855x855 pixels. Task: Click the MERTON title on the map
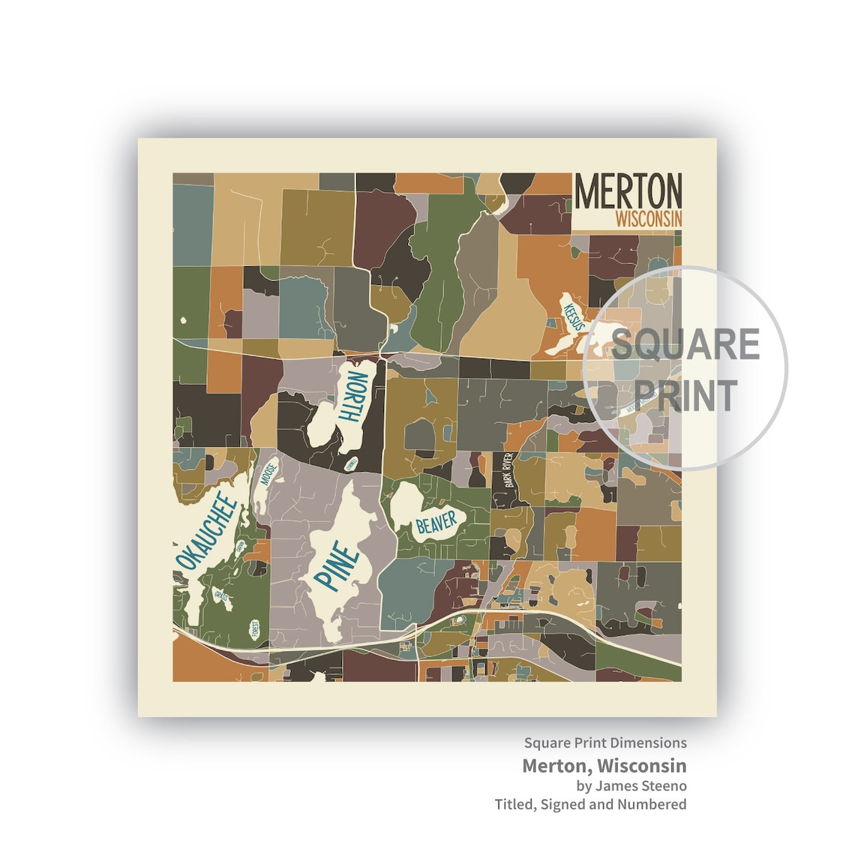[x=628, y=192]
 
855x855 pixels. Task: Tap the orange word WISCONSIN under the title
[x=648, y=219]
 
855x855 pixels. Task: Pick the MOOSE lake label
[x=268, y=475]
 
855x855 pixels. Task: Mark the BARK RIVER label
[x=510, y=471]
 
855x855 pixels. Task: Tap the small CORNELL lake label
[x=351, y=465]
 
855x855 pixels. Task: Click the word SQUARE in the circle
[x=685, y=344]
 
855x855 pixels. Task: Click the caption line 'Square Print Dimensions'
[x=605, y=742]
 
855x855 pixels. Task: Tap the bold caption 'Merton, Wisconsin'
[x=604, y=766]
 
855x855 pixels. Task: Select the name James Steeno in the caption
[x=640, y=785]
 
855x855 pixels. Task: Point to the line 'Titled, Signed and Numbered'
[x=590, y=804]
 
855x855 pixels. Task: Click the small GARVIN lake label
[x=240, y=550]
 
